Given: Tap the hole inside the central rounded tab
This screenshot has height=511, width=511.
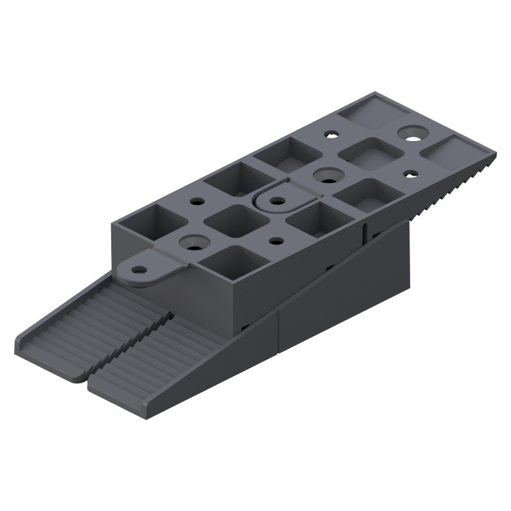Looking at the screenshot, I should tap(277, 200).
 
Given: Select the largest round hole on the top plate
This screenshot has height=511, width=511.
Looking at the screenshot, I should tap(412, 133).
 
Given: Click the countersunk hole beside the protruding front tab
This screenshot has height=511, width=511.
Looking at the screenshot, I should tap(191, 242).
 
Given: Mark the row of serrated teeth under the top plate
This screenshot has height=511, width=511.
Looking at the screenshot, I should tap(447, 192).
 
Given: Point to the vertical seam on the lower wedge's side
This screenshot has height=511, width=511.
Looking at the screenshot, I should tap(279, 332).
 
